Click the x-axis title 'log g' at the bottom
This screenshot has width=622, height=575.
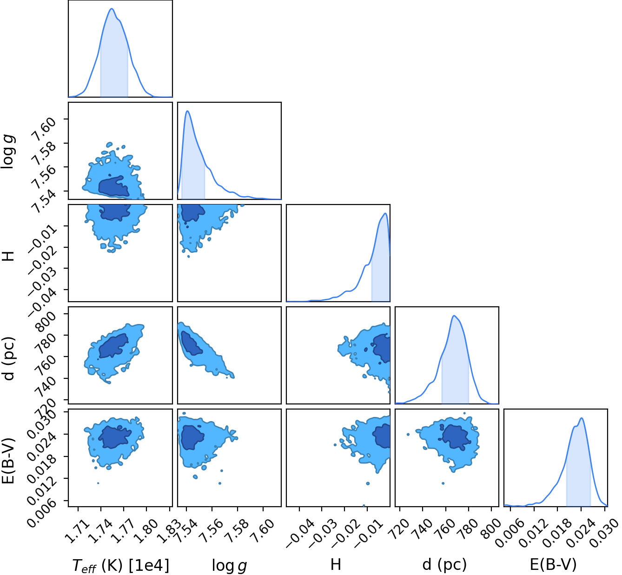[229, 566]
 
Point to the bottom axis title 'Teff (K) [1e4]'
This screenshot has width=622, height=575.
[120, 566]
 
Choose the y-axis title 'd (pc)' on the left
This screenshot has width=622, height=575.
[9, 358]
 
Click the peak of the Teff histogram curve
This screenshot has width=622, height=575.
[112, 8]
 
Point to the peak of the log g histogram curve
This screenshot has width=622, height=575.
[187, 111]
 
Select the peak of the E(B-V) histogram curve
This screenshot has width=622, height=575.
[582, 418]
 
